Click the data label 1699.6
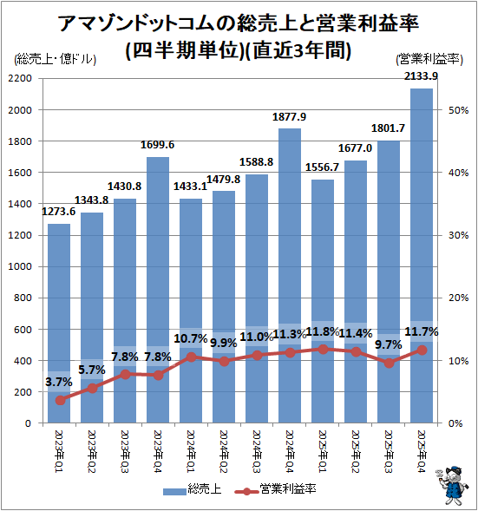coord(158,145)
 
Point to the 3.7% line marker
coord(59,400)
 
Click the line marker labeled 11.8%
coord(323,349)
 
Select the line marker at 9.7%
coord(389,363)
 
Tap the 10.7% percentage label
coord(190,338)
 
